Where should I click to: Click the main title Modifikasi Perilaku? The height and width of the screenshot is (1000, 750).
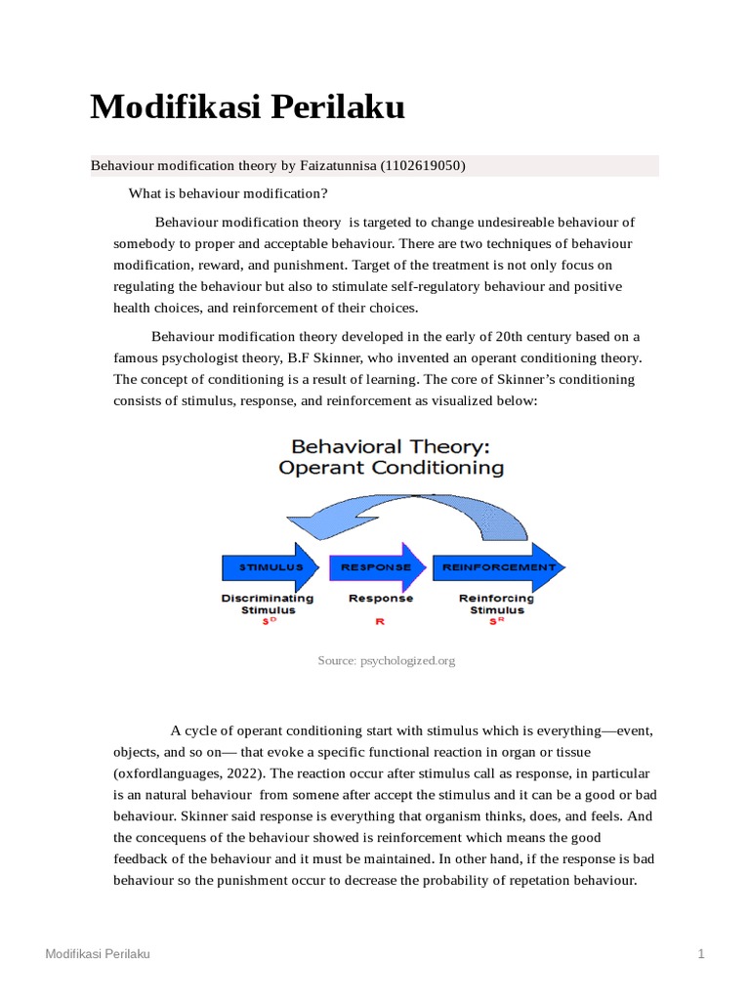pos(247,107)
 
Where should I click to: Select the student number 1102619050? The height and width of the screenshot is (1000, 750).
pos(422,166)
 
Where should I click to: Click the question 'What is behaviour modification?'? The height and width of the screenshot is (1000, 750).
pos(228,193)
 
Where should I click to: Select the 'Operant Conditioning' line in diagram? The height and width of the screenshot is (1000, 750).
pos(392,468)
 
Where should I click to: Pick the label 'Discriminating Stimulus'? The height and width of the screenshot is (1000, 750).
pos(268,604)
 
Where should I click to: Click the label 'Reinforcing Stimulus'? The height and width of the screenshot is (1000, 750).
pos(496,604)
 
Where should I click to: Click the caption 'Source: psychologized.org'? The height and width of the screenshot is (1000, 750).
pos(387,661)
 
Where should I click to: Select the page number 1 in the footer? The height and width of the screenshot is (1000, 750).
pos(701,953)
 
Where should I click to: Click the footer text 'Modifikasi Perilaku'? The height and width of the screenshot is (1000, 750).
pos(98,953)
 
